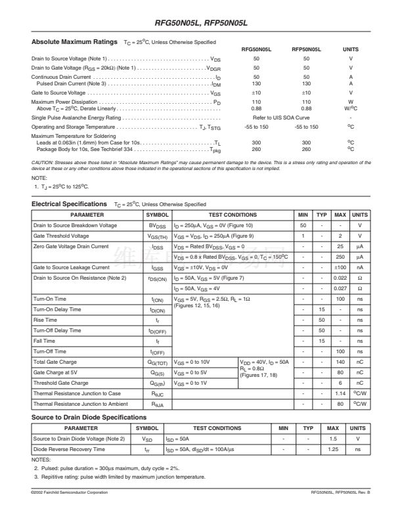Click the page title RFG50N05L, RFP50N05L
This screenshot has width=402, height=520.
200,24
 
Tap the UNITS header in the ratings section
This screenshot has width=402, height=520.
351,49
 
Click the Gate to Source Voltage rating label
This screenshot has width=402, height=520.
59,93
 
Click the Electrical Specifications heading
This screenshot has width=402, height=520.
69,204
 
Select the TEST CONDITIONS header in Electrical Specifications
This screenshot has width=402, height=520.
233,215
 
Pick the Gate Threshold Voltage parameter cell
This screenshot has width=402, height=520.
61,236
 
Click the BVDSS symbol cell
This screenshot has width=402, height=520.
157,225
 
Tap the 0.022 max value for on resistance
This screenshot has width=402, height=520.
340,278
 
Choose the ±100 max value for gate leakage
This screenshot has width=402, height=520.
340,268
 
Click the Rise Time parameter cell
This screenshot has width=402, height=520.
45,320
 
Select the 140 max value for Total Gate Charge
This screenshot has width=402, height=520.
340,362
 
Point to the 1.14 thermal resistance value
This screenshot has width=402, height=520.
340,394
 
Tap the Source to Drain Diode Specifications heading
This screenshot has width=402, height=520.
89,418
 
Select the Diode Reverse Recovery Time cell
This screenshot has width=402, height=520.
68,449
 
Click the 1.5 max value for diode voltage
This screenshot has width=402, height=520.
333,439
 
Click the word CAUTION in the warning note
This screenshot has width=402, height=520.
43,161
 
